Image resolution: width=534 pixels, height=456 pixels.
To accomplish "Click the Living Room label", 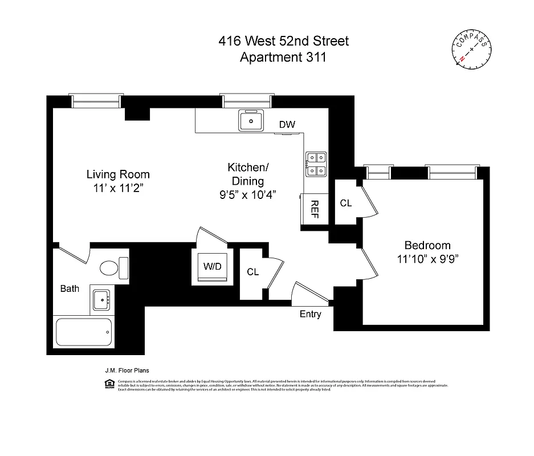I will point(118,174).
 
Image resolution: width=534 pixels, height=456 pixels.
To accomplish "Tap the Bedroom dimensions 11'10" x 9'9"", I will point(427,258).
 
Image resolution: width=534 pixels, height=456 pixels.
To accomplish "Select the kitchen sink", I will point(251,120).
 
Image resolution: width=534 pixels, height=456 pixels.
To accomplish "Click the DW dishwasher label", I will point(287,125).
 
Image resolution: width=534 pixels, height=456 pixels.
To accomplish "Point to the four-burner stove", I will point(316,164).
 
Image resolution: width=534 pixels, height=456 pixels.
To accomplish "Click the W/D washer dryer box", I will point(213,266).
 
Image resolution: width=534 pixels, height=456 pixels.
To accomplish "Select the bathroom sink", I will point(101,299).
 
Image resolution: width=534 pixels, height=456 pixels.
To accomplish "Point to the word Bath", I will point(70,288).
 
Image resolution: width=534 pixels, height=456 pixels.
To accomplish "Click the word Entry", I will point(311,314).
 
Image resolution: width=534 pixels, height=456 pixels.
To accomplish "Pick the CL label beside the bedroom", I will point(346,203).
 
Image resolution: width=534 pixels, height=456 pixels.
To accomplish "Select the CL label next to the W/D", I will point(253,272).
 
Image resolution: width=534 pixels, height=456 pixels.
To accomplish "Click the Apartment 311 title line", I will point(283,57).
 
